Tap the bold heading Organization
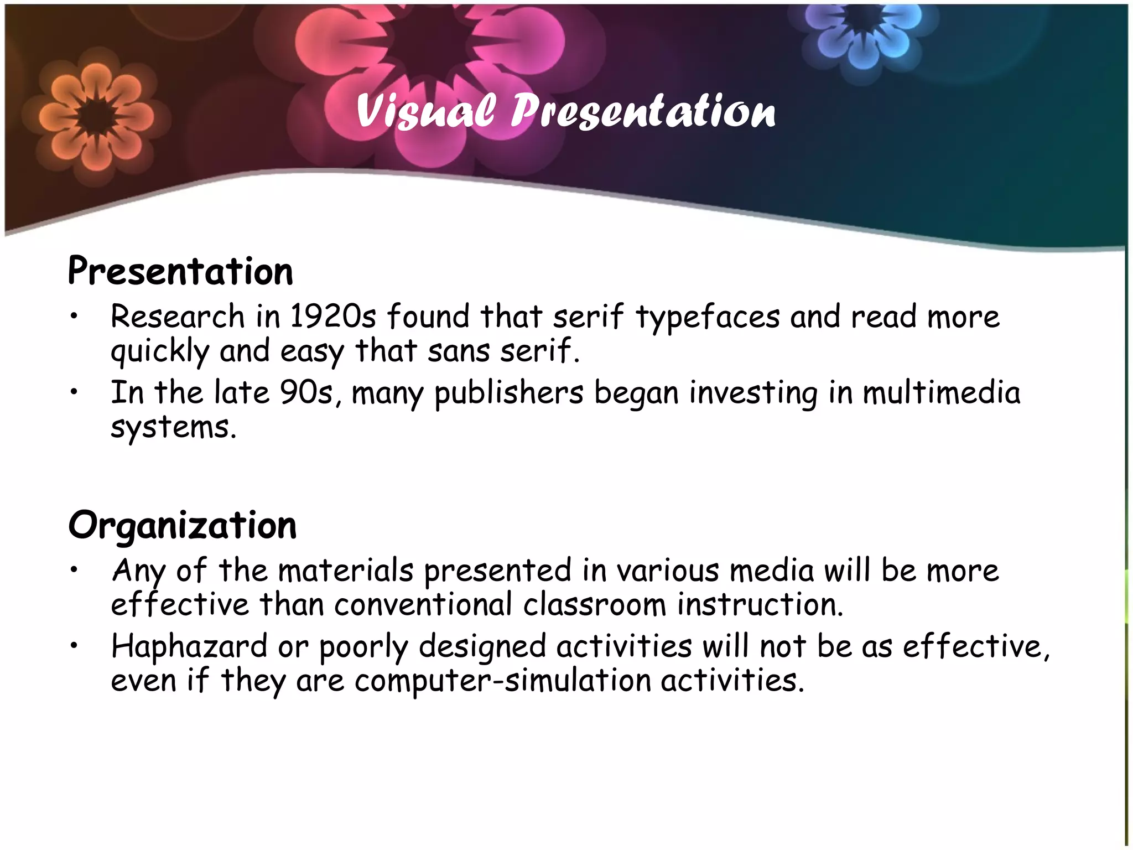pos(183,525)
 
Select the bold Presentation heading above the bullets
pos(180,271)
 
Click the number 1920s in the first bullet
pos(333,317)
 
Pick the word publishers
pos(508,394)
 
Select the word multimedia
pos(941,393)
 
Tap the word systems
pos(174,428)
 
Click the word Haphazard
pos(189,646)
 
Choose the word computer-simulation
pos(503,681)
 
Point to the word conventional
pos(423,604)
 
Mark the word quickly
pos(160,352)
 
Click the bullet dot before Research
pos(74,317)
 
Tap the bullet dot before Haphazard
pos(74,646)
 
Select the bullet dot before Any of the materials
pos(74,571)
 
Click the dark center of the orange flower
pos(97,117)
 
